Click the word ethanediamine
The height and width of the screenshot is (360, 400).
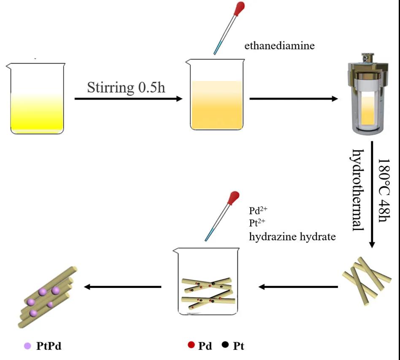[279, 46]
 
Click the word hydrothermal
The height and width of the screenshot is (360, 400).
[358, 190]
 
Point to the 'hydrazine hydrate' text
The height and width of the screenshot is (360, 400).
[292, 236]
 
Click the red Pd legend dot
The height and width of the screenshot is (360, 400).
[191, 345]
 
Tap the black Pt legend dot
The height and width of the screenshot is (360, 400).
[225, 345]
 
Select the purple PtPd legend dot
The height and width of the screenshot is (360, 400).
[28, 346]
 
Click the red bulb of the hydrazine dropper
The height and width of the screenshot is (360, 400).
[233, 197]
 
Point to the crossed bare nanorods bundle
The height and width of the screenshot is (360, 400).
[366, 280]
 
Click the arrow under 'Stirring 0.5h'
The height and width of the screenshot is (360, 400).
[128, 99]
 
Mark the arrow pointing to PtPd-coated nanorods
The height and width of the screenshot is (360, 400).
[123, 287]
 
